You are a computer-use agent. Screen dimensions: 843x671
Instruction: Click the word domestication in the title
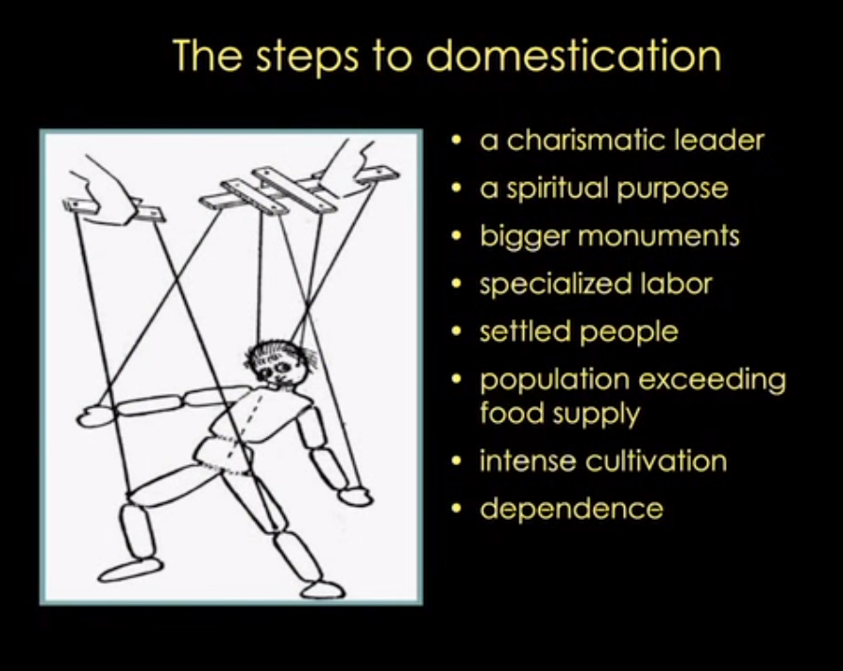(x=574, y=55)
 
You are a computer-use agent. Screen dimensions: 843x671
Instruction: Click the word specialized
(x=555, y=285)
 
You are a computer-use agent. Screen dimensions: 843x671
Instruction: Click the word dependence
(x=571, y=509)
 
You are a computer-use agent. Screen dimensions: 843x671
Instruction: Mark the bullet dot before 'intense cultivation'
(x=457, y=461)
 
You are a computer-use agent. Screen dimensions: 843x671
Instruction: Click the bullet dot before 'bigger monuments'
(x=457, y=236)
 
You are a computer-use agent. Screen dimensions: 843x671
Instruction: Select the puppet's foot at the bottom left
(x=130, y=569)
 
